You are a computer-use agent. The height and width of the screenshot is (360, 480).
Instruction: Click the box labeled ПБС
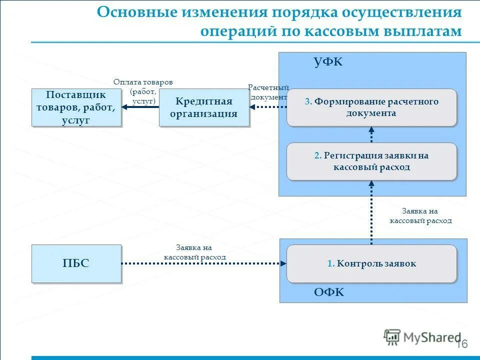click(76, 263)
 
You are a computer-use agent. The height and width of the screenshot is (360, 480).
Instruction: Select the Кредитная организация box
click(203, 107)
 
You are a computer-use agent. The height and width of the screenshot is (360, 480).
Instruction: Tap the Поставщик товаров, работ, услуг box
click(76, 107)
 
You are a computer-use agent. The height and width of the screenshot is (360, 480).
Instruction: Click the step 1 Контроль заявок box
click(371, 263)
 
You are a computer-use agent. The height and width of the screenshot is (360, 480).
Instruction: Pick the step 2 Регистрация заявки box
click(371, 161)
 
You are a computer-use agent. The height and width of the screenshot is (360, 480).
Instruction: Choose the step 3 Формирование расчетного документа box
click(371, 107)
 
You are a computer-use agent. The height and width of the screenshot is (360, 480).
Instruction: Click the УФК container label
click(328, 62)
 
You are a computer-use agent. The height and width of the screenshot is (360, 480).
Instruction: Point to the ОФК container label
click(328, 292)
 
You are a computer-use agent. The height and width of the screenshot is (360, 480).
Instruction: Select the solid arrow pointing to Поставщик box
click(140, 107)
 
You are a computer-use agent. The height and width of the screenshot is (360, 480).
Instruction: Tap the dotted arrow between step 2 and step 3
click(371, 134)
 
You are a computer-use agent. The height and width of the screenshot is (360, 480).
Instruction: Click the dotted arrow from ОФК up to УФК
click(371, 212)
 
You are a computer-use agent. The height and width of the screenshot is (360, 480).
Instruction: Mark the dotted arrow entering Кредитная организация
click(267, 107)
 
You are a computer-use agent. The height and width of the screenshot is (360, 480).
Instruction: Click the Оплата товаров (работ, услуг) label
click(143, 91)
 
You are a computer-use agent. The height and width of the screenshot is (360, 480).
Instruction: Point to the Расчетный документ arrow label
click(268, 92)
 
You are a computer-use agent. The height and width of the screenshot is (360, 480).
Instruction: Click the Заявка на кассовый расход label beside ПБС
click(194, 252)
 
